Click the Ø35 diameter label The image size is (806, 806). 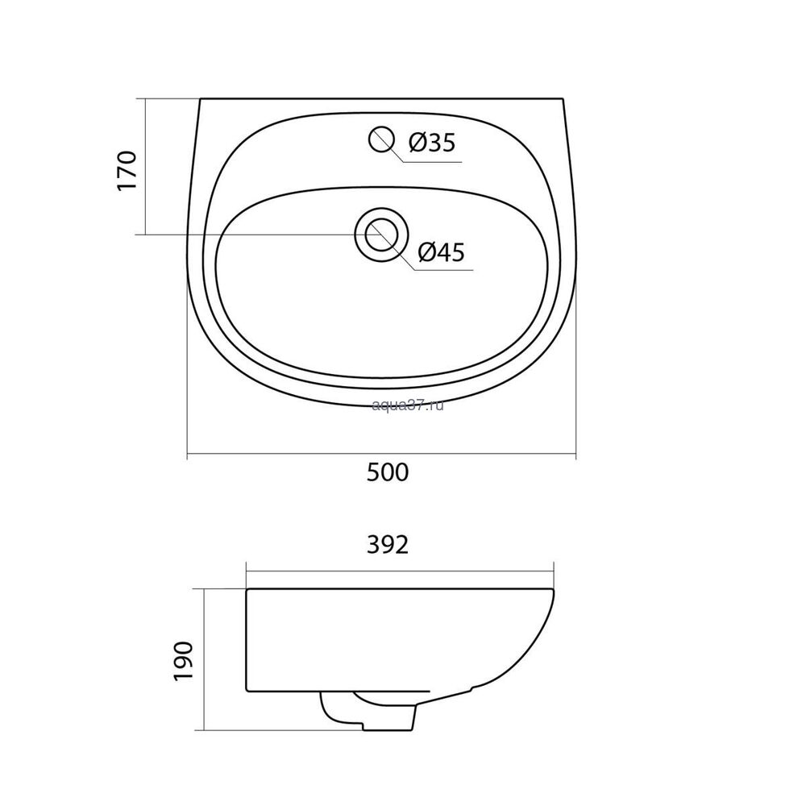[x=432, y=143]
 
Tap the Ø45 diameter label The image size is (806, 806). [x=441, y=251]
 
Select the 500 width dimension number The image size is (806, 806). [x=388, y=472]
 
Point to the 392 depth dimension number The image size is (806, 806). [x=388, y=545]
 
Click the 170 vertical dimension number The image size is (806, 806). [x=127, y=170]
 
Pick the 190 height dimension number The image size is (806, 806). [x=184, y=661]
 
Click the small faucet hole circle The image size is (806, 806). [x=381, y=139]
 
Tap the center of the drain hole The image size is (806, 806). [x=381, y=235]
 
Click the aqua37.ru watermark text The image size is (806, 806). [x=407, y=405]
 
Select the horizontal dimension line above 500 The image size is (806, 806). [x=381, y=455]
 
